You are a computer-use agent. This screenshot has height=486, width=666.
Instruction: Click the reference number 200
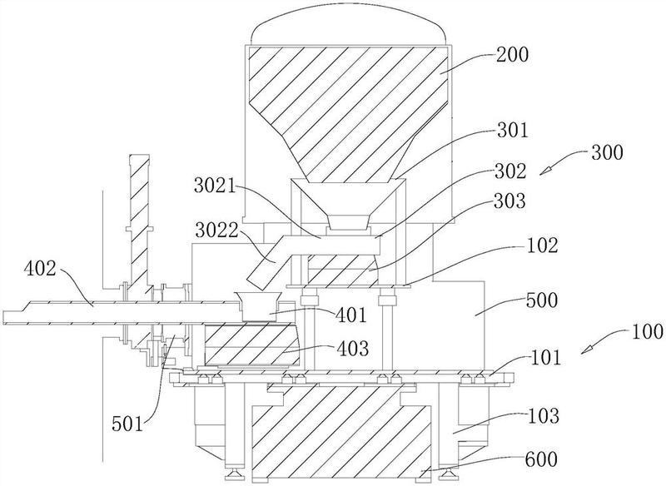(x=512, y=55)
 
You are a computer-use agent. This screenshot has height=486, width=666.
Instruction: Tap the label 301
(x=511, y=131)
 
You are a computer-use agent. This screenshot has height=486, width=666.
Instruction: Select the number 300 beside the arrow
(x=607, y=152)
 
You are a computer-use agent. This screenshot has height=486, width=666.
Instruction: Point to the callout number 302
(x=509, y=171)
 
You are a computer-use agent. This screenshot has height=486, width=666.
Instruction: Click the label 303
(x=509, y=201)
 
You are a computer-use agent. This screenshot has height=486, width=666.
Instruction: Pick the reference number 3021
(x=215, y=186)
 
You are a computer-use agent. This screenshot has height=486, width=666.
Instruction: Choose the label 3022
(x=216, y=230)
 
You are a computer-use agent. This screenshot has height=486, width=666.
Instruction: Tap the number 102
(x=541, y=245)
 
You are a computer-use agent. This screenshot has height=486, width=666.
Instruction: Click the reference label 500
(x=541, y=300)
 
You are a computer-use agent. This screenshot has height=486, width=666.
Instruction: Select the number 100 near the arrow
(x=647, y=331)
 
